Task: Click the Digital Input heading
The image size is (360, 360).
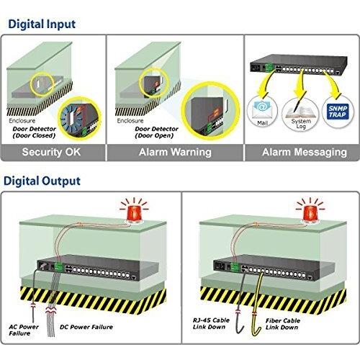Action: click(42, 24)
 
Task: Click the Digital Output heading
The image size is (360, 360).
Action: click(42, 181)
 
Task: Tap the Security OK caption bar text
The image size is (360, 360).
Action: click(51, 152)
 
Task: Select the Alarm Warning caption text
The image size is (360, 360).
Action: click(175, 152)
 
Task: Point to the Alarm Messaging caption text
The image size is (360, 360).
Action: click(305, 152)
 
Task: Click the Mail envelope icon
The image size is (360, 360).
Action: click(261, 109)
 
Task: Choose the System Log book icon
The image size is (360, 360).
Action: click(301, 112)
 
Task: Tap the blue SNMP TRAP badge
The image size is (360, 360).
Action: click(338, 112)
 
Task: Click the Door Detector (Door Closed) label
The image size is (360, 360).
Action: click(35, 132)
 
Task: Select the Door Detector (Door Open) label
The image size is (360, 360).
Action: click(156, 132)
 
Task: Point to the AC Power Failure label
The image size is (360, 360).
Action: click(24, 330)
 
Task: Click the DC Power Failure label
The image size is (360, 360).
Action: click(86, 327)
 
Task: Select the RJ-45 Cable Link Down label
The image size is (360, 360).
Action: click(211, 323)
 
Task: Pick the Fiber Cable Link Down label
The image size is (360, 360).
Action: click(283, 324)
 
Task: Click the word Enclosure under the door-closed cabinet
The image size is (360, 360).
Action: click(22, 121)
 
